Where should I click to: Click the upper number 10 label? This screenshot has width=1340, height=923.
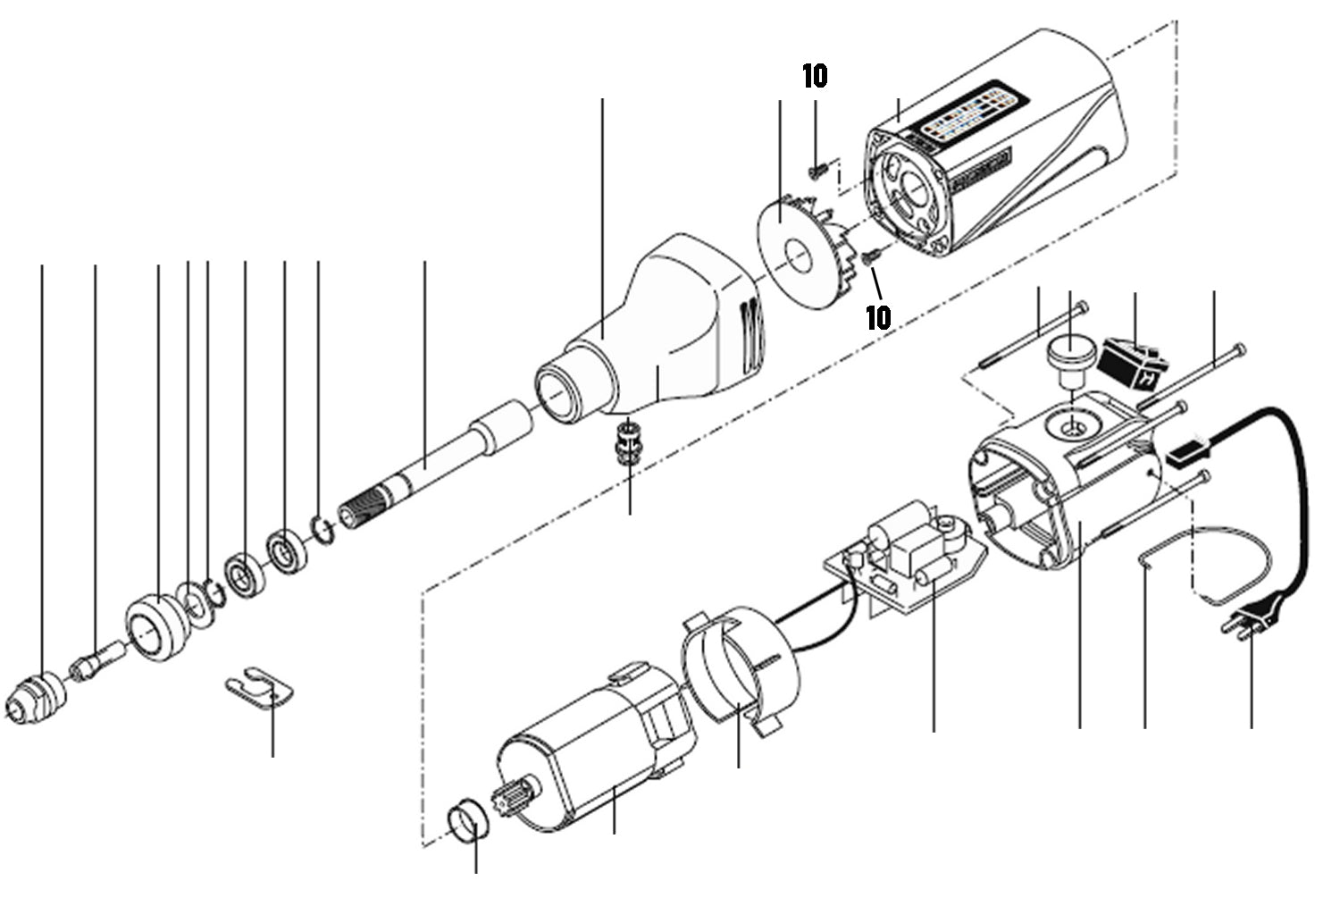(815, 77)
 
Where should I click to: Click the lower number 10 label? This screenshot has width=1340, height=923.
(878, 316)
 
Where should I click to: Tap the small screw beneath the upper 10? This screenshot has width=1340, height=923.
(815, 167)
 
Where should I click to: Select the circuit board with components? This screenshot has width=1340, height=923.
(902, 563)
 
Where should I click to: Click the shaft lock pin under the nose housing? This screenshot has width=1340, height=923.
(629, 438)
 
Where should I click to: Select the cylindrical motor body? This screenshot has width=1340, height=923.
(590, 751)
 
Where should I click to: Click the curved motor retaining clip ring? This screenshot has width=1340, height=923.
(737, 661)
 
